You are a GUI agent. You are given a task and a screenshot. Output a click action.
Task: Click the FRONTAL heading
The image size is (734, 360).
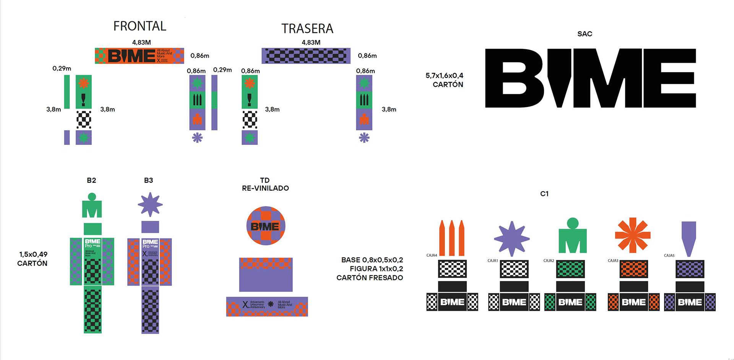(x=140, y=26)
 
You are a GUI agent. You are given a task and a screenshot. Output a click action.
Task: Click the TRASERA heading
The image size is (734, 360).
(x=307, y=29)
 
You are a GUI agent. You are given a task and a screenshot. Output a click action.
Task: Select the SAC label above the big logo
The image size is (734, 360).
(x=585, y=34)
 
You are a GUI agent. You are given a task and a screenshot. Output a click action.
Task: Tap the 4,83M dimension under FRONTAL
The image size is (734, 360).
(x=141, y=42)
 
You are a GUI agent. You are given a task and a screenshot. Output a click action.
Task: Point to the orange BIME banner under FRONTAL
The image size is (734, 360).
(x=139, y=56)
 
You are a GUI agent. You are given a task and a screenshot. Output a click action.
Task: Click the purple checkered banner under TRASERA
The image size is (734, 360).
(x=306, y=56)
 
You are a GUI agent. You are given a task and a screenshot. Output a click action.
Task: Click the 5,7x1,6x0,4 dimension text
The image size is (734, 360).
(x=444, y=76)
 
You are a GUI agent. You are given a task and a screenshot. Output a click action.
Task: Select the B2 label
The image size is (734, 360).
(x=91, y=180)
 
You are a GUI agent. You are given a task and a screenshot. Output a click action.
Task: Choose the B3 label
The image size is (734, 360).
(x=148, y=180)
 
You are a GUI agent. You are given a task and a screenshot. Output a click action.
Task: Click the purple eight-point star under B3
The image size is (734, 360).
(x=150, y=204)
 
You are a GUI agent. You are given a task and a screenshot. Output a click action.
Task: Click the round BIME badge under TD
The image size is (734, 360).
(x=266, y=226)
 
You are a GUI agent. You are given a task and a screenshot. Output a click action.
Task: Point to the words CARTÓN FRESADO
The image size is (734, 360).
(x=370, y=278)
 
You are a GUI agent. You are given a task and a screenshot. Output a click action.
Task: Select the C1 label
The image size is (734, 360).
(x=544, y=194)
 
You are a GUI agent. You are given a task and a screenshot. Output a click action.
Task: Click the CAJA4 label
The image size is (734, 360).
(x=432, y=255)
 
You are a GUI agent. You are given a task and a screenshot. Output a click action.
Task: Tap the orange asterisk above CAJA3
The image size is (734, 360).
(x=632, y=235)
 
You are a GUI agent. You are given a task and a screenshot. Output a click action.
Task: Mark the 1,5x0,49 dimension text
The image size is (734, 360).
(x=33, y=255)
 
